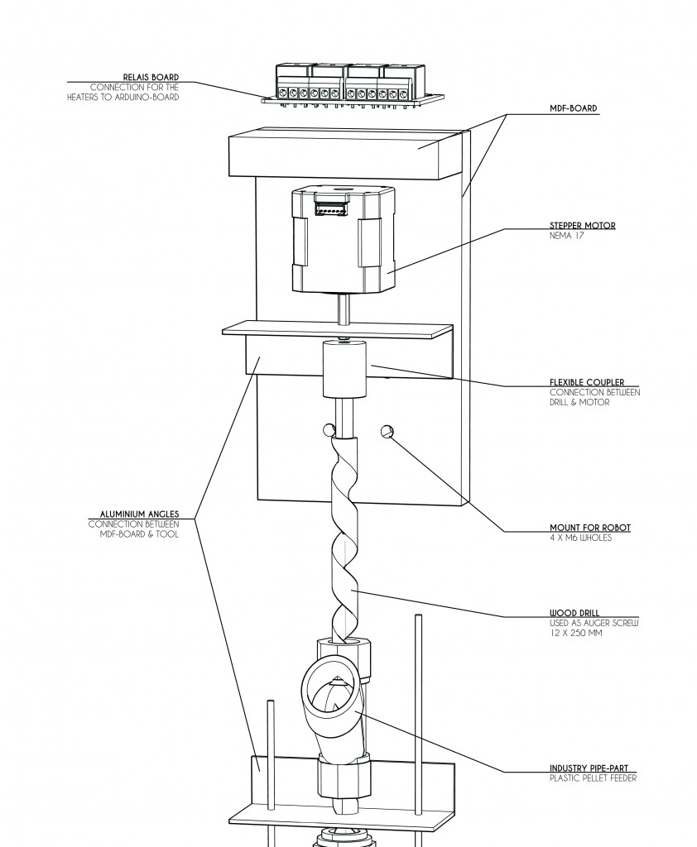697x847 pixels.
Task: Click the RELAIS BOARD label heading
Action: tap(151, 77)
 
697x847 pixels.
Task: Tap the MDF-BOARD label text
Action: tap(573, 108)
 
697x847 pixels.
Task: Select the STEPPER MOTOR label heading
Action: tap(583, 225)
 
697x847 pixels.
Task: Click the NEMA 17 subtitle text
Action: tap(567, 236)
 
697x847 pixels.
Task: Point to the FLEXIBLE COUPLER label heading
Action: tap(587, 382)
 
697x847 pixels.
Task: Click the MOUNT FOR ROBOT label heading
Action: tap(590, 528)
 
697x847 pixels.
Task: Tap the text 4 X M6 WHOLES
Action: tap(581, 538)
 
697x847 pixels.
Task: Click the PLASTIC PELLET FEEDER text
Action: tap(593, 778)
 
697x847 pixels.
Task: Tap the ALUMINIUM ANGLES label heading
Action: tap(139, 514)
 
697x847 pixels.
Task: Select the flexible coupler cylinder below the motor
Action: tap(344, 370)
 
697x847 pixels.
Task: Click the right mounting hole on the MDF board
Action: tap(387, 431)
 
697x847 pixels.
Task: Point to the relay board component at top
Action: tap(353, 85)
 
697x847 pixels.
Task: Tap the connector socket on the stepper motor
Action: tap(331, 206)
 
